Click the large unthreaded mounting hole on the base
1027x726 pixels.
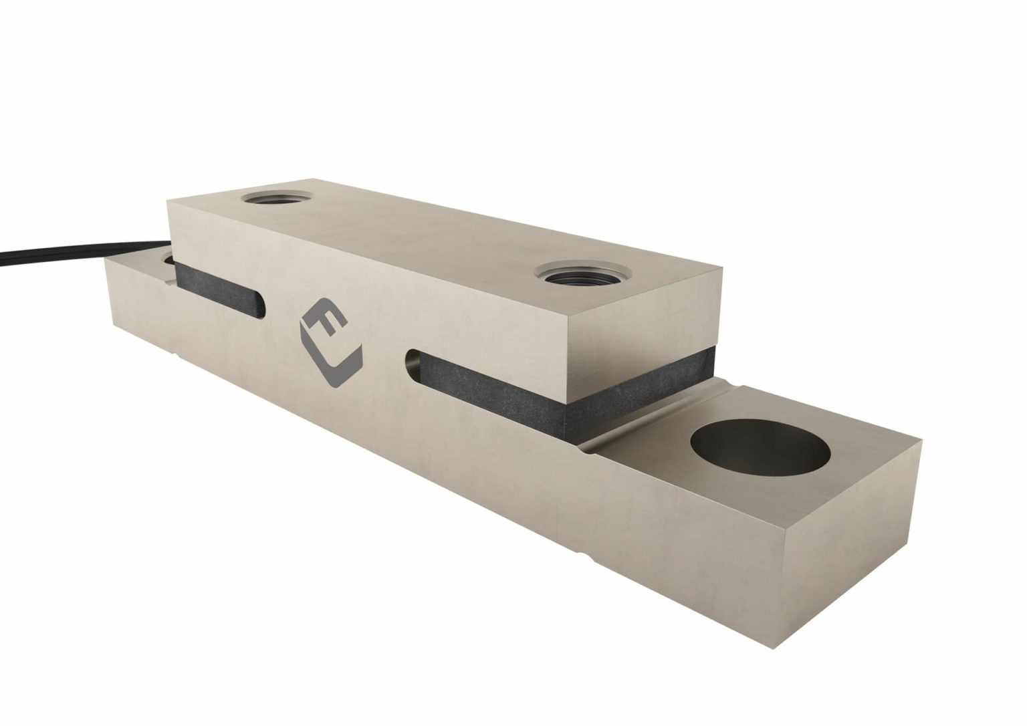point(760,451)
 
